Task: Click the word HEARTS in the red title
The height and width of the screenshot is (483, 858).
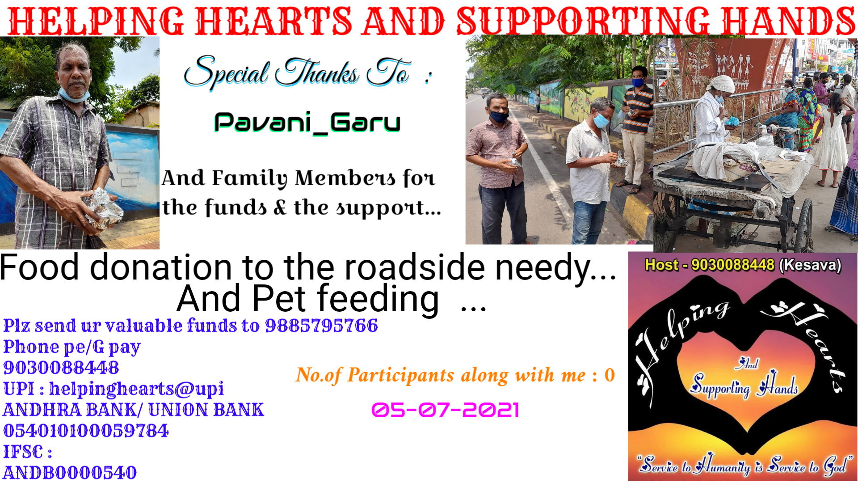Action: click(x=273, y=21)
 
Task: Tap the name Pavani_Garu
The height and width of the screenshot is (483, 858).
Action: click(x=307, y=123)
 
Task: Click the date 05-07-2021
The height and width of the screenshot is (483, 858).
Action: click(x=445, y=410)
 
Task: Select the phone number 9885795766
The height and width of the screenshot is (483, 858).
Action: click(x=321, y=326)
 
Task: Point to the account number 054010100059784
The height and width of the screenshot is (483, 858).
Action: click(x=86, y=431)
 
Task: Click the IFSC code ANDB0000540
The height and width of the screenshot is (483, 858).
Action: click(x=70, y=473)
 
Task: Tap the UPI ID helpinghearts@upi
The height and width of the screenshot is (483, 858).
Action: click(x=136, y=389)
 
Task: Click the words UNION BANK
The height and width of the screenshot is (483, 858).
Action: click(x=206, y=410)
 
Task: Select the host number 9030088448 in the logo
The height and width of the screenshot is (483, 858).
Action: click(x=732, y=265)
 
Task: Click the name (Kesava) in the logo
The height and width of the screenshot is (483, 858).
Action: click(x=810, y=265)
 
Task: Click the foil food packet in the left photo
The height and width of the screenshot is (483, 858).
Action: click(x=105, y=209)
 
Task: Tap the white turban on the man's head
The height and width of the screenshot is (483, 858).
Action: click(x=721, y=84)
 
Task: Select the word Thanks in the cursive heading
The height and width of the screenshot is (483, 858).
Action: click(x=317, y=72)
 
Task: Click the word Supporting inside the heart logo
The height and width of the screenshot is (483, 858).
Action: click(x=720, y=386)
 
